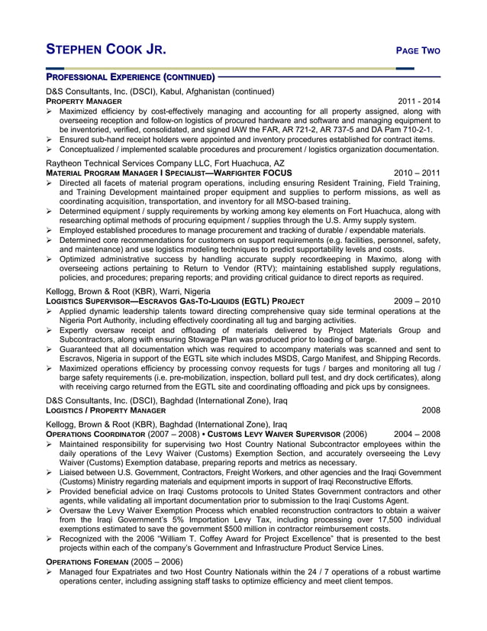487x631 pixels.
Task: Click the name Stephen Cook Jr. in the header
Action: click(105, 50)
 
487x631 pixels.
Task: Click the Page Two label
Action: click(418, 51)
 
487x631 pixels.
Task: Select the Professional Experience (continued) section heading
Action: click(131, 77)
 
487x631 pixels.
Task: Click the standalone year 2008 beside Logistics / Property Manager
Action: click(431, 410)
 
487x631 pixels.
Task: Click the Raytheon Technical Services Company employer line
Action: click(165, 163)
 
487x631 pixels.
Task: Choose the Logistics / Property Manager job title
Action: click(105, 410)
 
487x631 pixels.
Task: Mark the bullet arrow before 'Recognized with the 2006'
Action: click(50, 539)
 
